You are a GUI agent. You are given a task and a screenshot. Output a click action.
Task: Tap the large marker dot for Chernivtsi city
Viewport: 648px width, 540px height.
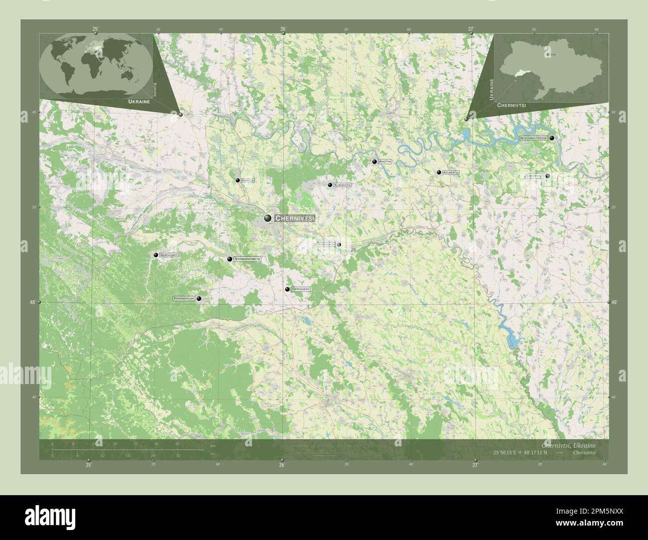coord(268,218)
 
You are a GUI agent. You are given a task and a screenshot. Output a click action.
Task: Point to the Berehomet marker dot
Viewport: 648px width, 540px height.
coord(156,255)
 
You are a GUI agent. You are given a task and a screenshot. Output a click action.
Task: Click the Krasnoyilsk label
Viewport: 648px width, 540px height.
coord(183,298)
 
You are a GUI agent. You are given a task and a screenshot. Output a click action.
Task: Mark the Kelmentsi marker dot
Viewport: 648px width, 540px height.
coord(439,172)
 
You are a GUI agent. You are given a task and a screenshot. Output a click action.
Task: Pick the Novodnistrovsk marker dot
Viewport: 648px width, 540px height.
coord(552,138)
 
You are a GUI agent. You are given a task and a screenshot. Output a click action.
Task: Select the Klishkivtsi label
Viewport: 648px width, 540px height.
coord(343,185)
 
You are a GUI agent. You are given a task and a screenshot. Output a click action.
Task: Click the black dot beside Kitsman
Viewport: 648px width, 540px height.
coord(238,180)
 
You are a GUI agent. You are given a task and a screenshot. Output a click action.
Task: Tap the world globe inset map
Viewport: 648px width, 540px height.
coord(96,64)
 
